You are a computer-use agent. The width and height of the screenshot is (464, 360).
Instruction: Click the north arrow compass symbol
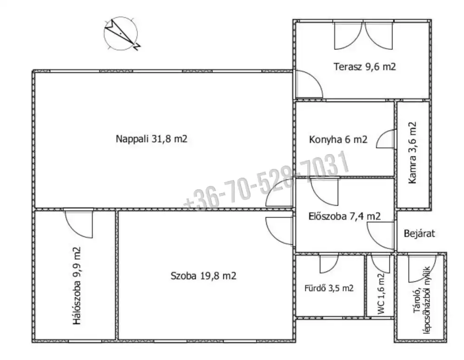click(121, 33)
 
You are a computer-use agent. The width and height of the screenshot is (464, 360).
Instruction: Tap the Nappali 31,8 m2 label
click(152, 139)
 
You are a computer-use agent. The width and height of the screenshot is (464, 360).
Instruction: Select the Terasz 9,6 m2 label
click(365, 66)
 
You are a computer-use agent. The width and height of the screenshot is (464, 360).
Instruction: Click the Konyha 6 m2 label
click(338, 139)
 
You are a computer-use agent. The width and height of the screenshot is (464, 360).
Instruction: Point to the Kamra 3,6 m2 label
click(412, 153)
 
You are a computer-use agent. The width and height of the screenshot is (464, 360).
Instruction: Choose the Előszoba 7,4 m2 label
click(344, 216)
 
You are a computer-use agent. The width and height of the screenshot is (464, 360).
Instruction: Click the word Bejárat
click(419, 234)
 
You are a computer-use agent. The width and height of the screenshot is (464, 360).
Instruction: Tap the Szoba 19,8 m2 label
click(203, 276)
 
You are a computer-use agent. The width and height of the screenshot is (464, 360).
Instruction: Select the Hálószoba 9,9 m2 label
click(77, 285)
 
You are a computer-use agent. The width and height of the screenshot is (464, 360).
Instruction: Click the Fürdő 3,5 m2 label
click(329, 288)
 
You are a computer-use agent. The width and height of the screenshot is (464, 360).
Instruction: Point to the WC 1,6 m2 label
click(381, 294)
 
